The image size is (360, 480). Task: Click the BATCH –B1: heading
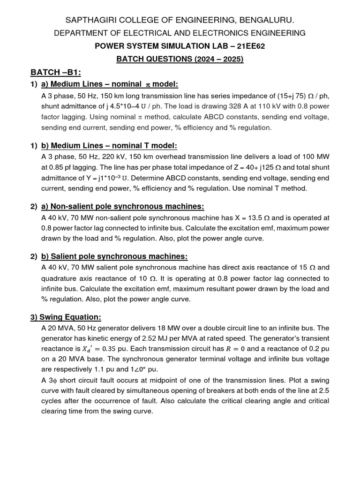(x=56, y=72)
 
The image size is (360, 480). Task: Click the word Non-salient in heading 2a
(x=72, y=207)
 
